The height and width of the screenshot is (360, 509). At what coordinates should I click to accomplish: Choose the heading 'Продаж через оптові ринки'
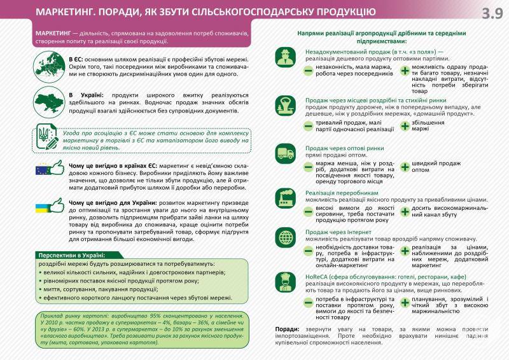pyautogui.click(x=344, y=148)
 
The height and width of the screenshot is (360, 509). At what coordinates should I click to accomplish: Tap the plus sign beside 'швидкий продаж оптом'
pyautogui.click(x=404, y=167)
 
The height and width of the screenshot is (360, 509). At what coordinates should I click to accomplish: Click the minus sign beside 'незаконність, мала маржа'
pyautogui.click(x=308, y=70)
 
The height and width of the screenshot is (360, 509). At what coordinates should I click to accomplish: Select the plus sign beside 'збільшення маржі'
pyautogui.click(x=404, y=125)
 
